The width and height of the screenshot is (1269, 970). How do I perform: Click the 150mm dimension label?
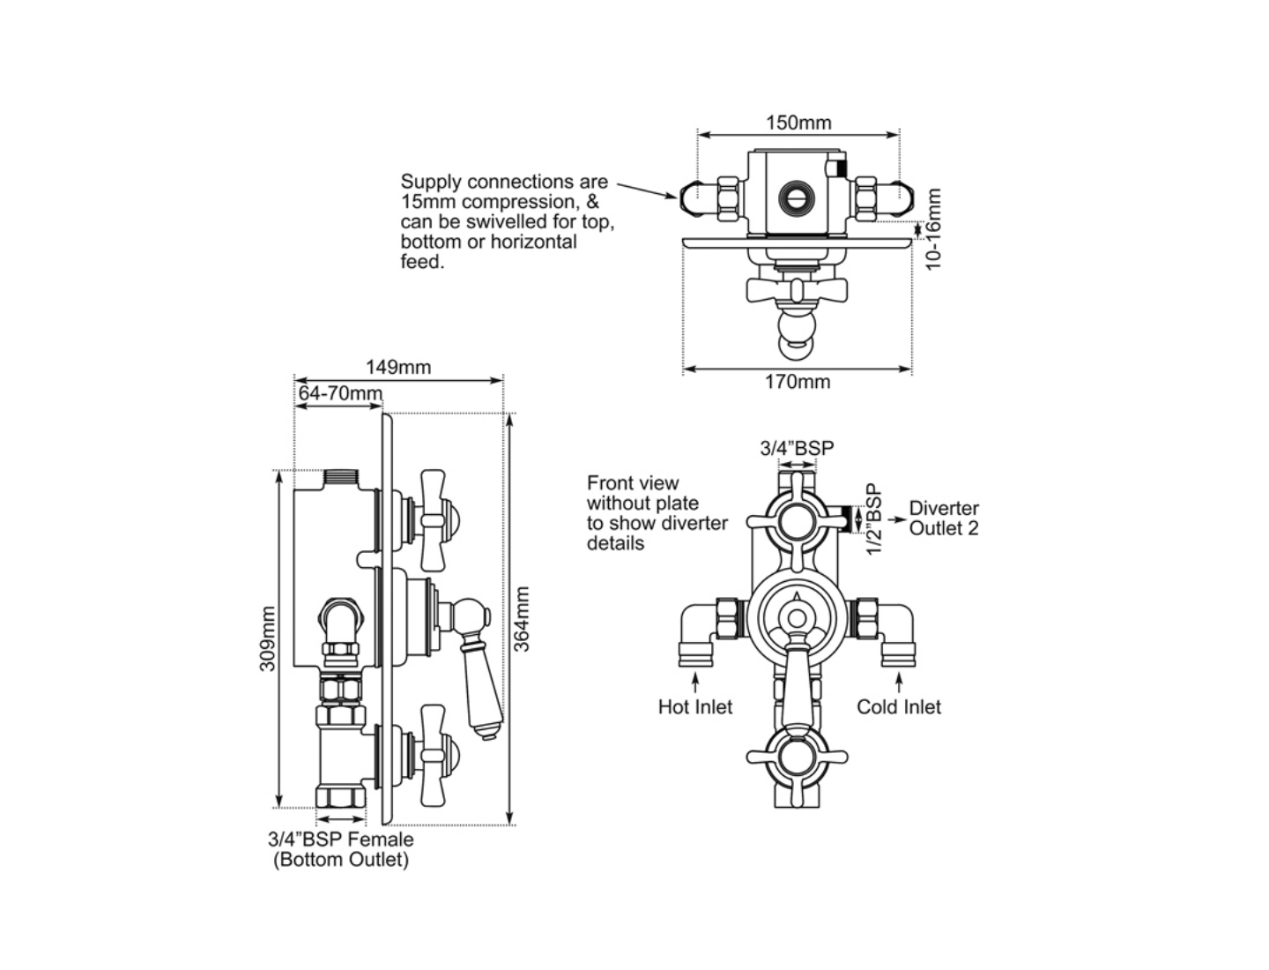[798, 123]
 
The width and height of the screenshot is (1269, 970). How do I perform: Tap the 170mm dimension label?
[797, 382]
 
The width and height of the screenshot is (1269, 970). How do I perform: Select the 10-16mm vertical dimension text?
[934, 229]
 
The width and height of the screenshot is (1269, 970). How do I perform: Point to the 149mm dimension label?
[398, 367]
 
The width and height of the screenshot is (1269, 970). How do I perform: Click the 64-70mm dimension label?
[339, 393]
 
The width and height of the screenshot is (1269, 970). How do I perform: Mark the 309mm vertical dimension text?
[267, 638]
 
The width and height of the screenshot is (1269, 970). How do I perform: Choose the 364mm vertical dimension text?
[522, 619]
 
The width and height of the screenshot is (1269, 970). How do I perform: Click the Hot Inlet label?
[695, 707]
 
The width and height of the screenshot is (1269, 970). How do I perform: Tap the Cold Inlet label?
[898, 707]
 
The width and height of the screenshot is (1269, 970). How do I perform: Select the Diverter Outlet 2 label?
[943, 519]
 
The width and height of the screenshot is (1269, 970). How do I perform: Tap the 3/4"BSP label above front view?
[797, 448]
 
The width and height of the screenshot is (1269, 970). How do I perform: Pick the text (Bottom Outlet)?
[341, 860]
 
